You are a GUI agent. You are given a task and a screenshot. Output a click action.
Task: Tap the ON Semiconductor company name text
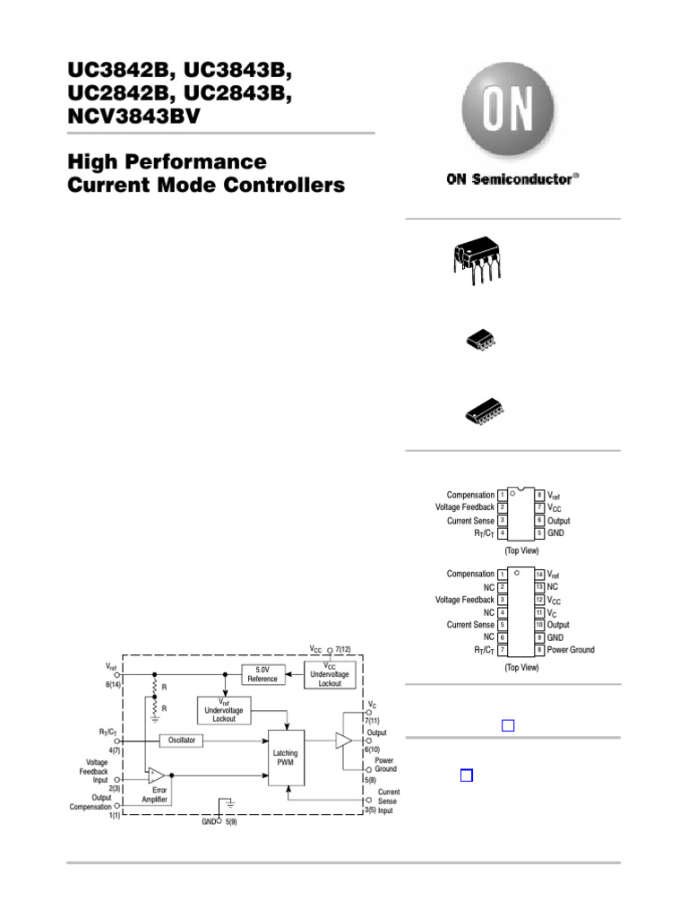[512, 178]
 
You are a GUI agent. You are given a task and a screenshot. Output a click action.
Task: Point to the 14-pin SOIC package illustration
[482, 411]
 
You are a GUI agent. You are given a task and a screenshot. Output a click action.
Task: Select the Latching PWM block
[285, 759]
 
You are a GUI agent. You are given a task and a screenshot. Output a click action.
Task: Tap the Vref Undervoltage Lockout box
[224, 711]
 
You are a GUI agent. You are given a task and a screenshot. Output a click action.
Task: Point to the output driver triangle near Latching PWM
[343, 740]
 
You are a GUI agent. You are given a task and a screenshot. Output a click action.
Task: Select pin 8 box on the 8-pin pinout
[539, 495]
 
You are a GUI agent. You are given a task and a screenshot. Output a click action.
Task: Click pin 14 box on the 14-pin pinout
[539, 574]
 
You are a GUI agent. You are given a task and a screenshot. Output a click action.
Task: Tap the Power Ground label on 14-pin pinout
[571, 650]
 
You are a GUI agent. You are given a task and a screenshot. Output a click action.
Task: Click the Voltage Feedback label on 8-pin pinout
[464, 507]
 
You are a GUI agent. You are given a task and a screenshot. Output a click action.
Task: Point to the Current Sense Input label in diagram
[388, 801]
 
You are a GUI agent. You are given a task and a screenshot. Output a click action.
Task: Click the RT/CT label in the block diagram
[108, 732]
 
